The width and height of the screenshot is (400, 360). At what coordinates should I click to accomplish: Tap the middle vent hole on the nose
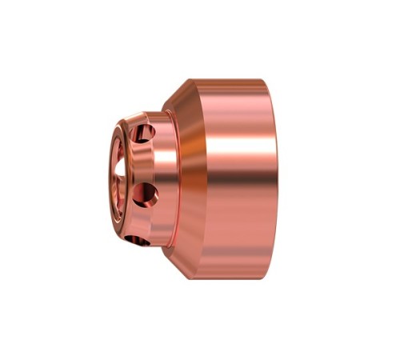click(147, 192)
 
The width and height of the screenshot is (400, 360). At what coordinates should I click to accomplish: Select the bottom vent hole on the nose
click(138, 239)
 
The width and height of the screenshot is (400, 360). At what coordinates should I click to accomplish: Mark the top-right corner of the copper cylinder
click(263, 80)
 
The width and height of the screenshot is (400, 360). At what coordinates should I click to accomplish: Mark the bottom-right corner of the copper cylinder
click(263, 278)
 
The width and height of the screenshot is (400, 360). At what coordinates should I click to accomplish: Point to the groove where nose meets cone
click(165, 179)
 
